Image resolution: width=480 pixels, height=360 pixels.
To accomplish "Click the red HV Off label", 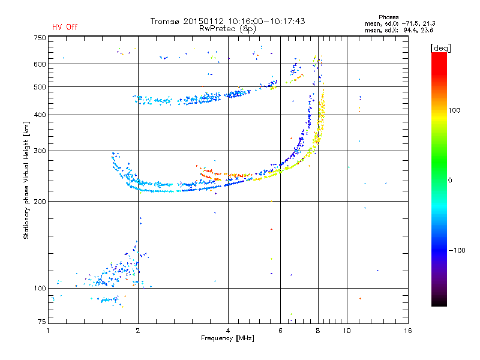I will (x=64, y=27).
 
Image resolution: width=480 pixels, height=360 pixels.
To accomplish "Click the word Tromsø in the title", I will (x=165, y=21).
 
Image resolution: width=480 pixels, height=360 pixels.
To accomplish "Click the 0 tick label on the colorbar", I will (x=450, y=180).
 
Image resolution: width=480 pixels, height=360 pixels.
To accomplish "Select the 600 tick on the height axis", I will (x=40, y=64).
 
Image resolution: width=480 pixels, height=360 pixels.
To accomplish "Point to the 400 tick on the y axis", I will (x=40, y=115).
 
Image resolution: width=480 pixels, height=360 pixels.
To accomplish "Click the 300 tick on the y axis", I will (x=40, y=151).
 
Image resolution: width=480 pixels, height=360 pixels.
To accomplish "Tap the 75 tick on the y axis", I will (x=41, y=323).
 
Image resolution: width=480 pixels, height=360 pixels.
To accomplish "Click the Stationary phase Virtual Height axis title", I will (x=26, y=180).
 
